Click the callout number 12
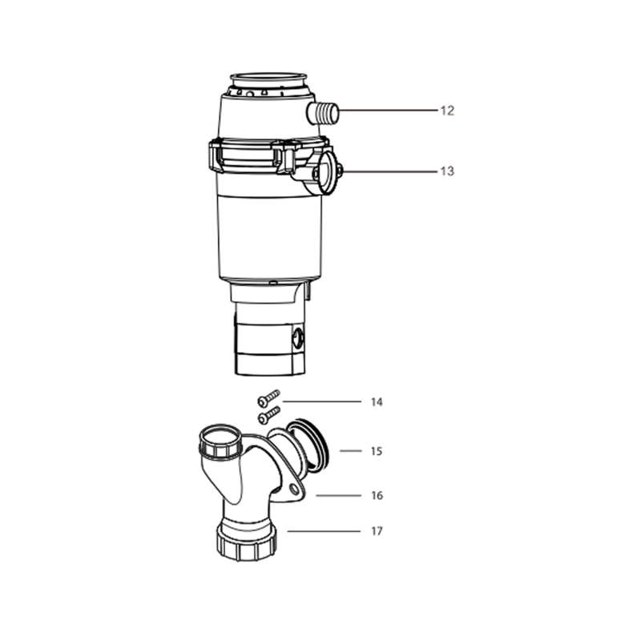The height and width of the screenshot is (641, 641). pos(447,111)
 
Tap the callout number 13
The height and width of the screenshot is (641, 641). pos(447,171)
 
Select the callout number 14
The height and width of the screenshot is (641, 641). pos(377,402)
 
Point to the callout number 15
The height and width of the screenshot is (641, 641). pos(377,451)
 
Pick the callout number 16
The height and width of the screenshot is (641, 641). pos(377,495)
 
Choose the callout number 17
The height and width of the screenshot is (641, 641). pos(377,531)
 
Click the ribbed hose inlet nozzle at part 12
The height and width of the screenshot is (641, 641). pos(323,114)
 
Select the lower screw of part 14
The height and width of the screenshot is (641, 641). pos(269,414)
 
